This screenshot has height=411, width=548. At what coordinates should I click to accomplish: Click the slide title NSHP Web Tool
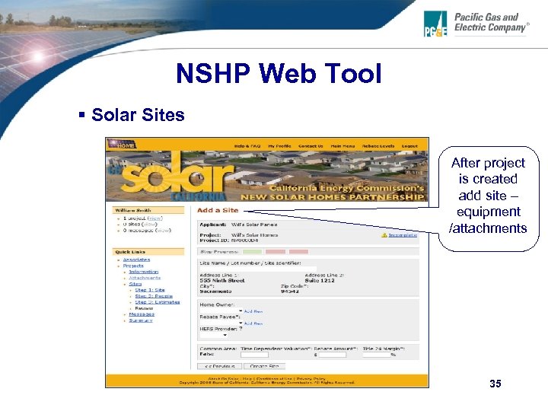click(278, 75)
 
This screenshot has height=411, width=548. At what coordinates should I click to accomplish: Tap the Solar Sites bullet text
click(138, 115)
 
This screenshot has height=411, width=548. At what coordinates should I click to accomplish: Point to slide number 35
click(495, 384)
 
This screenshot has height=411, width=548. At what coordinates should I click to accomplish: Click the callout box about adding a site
click(488, 196)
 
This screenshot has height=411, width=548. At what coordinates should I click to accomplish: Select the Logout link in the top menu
click(409, 145)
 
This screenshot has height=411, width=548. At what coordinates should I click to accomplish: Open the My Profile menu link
click(282, 145)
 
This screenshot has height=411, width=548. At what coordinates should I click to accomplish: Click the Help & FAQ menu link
click(247, 145)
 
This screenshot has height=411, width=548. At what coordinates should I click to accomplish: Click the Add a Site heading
click(218, 210)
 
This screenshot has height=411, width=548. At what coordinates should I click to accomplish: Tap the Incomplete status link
click(403, 235)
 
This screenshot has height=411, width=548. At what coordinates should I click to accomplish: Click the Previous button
click(219, 366)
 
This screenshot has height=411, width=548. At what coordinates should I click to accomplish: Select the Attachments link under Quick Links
click(145, 278)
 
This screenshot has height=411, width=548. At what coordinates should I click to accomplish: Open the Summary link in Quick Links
click(140, 320)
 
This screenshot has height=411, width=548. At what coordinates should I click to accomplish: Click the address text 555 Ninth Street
click(221, 280)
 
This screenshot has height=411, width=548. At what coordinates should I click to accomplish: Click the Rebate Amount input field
click(332, 355)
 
